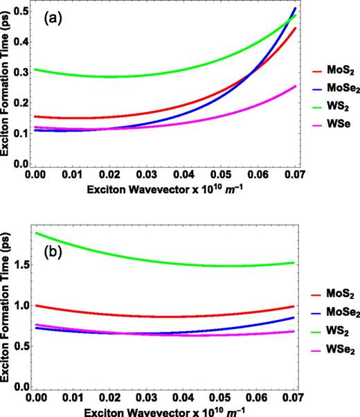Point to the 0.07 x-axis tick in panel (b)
295,400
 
